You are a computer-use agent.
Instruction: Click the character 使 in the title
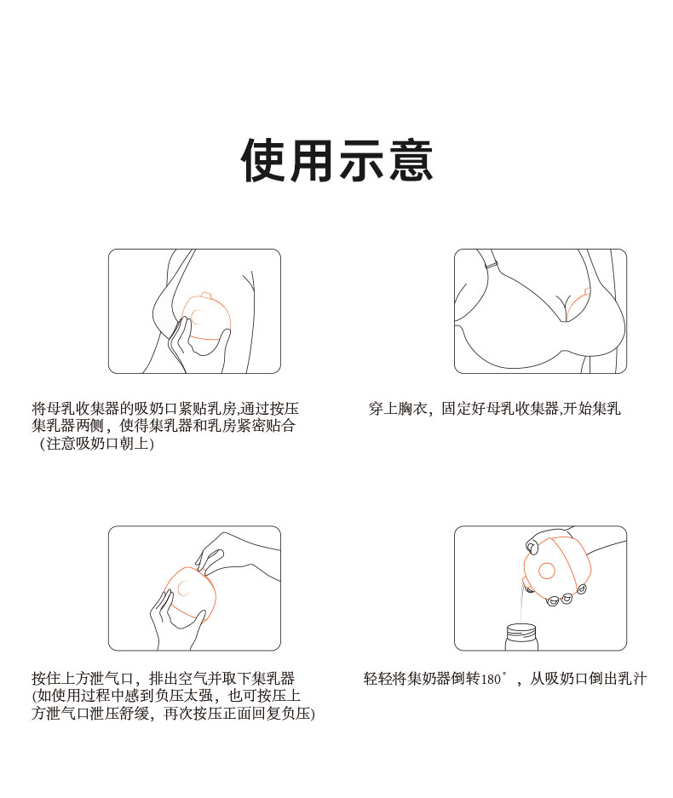[x=263, y=160]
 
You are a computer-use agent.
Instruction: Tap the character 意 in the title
[x=411, y=160]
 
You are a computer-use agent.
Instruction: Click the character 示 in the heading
[x=361, y=160]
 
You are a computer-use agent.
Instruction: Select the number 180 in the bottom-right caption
[x=490, y=679]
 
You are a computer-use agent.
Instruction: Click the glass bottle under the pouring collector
[x=521, y=637]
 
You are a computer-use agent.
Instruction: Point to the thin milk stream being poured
[x=521, y=604]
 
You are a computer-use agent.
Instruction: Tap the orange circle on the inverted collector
[x=547, y=571]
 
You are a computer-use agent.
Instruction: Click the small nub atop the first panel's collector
[x=205, y=296]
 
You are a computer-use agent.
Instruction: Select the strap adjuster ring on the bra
[x=492, y=267]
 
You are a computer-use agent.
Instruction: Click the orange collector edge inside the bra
[x=578, y=304]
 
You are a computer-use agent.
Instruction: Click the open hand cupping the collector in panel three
[x=170, y=618]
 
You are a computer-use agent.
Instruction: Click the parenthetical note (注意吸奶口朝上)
[x=97, y=444]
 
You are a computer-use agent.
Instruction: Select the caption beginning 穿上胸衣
[x=494, y=408]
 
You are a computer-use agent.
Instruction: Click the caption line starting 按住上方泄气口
[x=163, y=679]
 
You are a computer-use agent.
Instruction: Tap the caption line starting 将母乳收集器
[x=165, y=408]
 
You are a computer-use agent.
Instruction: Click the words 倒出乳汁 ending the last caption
[x=617, y=679]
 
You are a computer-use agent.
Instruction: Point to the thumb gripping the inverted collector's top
[x=532, y=547]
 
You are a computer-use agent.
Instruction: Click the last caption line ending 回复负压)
[x=173, y=714]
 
